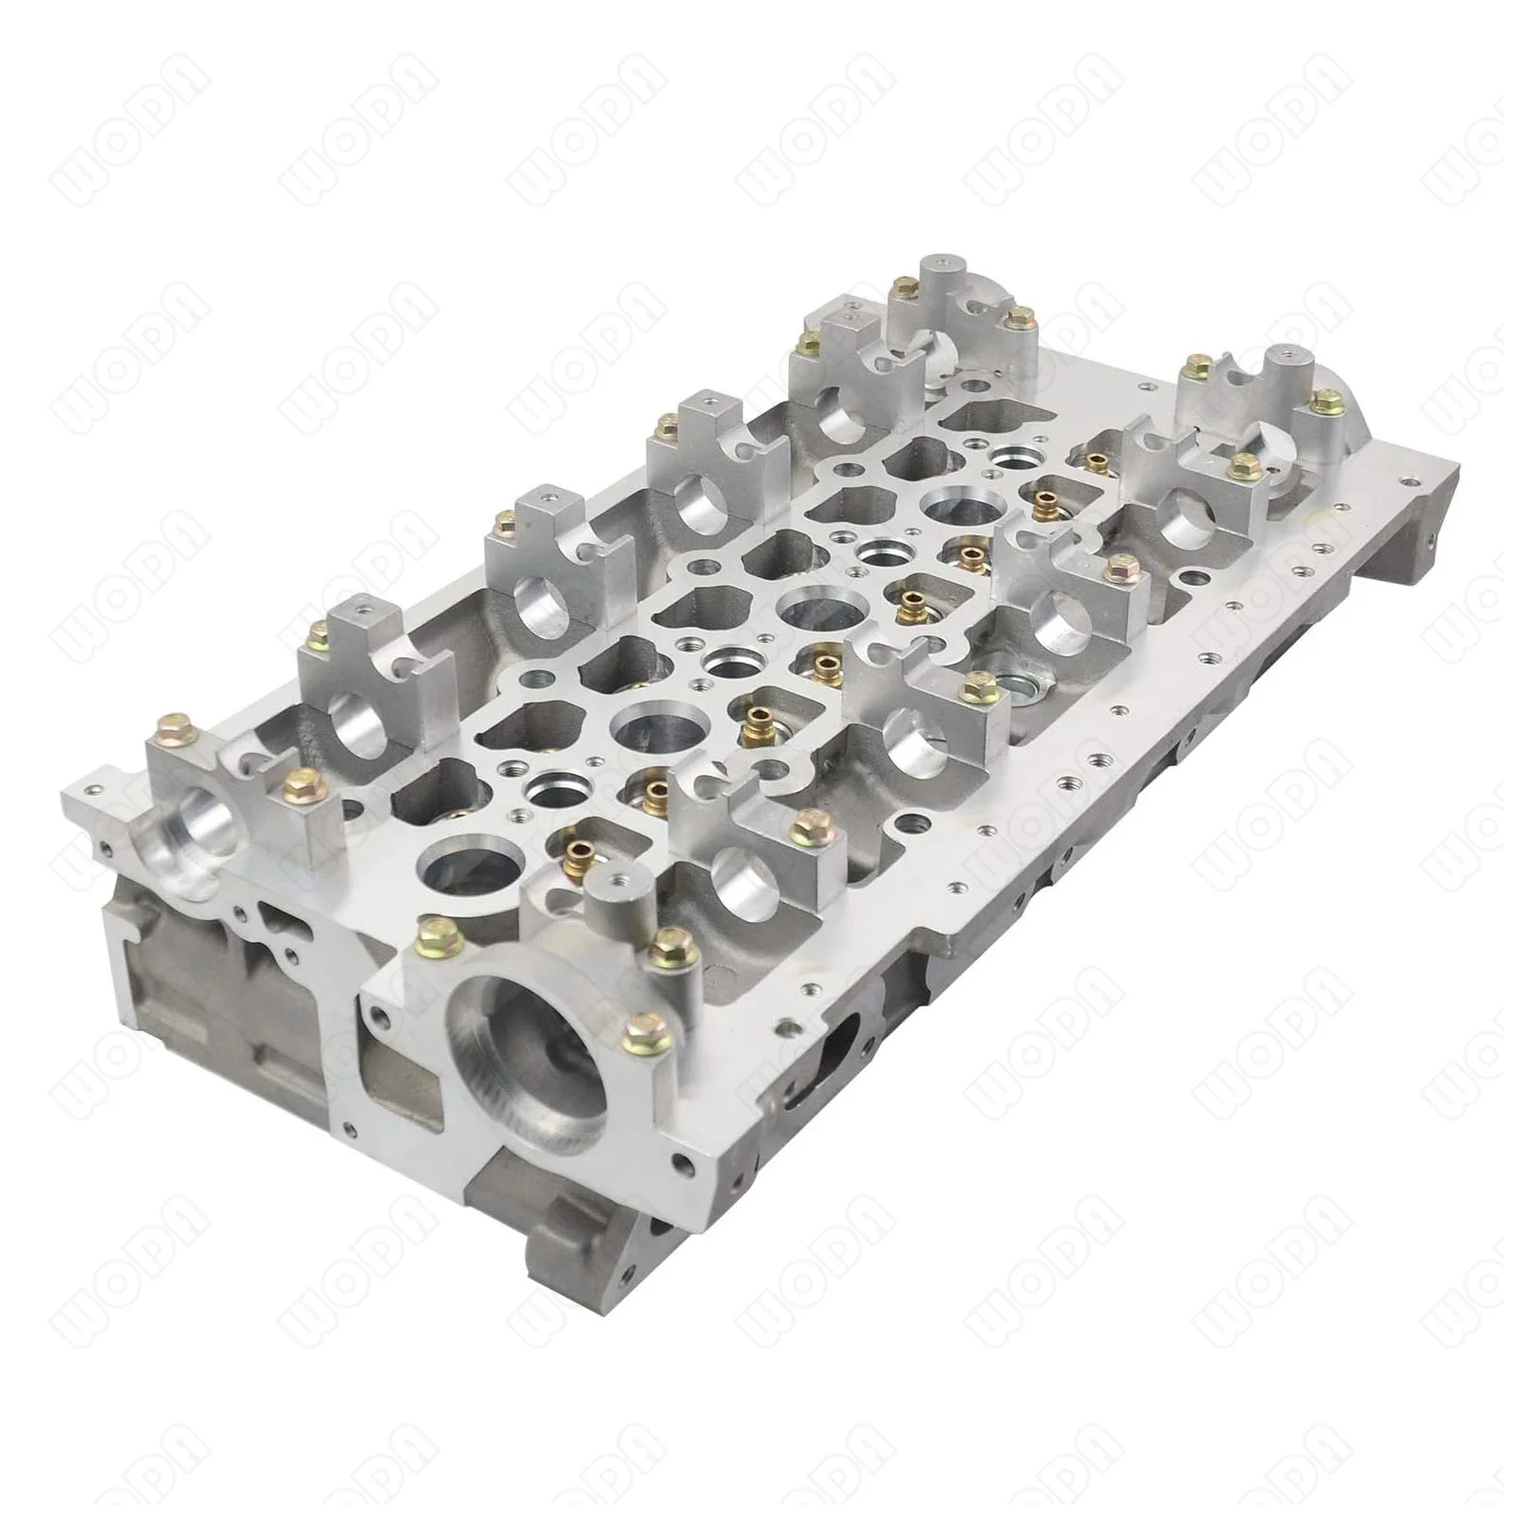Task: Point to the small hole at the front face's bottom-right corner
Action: pos(682,1162)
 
